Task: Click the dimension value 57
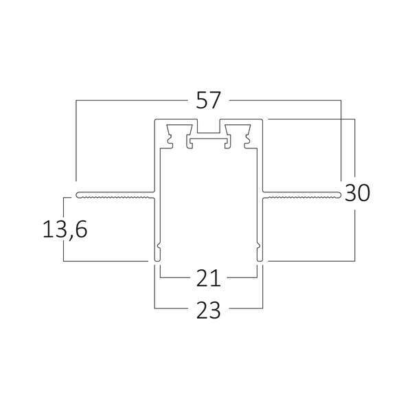pyautogui.click(x=207, y=100)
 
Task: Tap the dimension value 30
pyautogui.click(x=357, y=193)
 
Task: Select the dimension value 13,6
pyautogui.click(x=65, y=229)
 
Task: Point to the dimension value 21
pyautogui.click(x=208, y=277)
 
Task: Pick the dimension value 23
pyautogui.click(x=208, y=310)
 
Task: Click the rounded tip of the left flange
pyautogui.click(x=77, y=195)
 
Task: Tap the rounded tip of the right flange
pyautogui.click(x=339, y=195)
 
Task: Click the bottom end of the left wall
pyautogui.click(x=157, y=260)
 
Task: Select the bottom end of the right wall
pyautogui.click(x=260, y=260)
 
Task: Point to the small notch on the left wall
pyautogui.click(x=159, y=247)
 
